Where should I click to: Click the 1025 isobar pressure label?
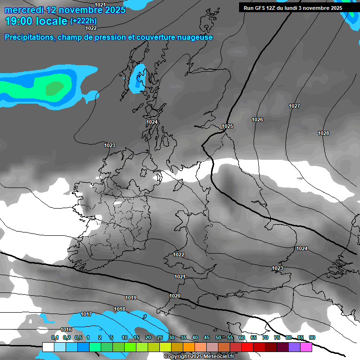coord(227,127)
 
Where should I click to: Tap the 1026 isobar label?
coord(257,120)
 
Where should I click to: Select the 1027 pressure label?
coord(294,106)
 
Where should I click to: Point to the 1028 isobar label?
coord(323,134)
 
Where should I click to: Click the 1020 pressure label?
coord(175,296)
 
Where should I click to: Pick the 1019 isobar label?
coord(131,298)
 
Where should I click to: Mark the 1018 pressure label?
coord(120,309)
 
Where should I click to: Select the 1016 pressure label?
coord(66,330)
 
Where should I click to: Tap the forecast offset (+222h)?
coord(83,21)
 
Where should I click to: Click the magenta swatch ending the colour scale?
coord(306,347)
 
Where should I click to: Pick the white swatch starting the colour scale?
coord(48,347)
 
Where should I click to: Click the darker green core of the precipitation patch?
coord(55,87)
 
